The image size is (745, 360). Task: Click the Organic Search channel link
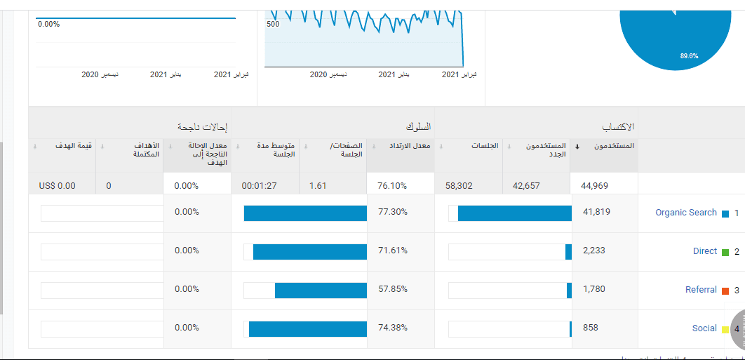click(x=685, y=213)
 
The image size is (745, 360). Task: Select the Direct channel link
click(x=704, y=251)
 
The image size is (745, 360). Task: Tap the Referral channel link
click(x=701, y=290)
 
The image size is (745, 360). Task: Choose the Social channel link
click(x=704, y=328)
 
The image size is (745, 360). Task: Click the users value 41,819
click(x=593, y=213)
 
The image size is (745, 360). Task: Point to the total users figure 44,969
click(x=593, y=186)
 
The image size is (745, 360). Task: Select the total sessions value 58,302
click(x=459, y=186)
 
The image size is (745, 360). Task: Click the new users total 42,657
click(x=527, y=186)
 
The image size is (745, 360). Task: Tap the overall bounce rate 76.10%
click(x=392, y=186)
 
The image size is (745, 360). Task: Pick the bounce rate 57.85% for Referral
click(x=392, y=289)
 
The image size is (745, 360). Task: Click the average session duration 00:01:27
click(x=259, y=186)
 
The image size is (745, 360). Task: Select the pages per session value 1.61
click(x=318, y=186)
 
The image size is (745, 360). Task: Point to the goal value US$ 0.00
click(x=58, y=186)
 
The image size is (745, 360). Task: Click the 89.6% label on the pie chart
click(x=689, y=56)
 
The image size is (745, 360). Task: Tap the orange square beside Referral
click(x=725, y=291)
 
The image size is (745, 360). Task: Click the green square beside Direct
click(x=725, y=252)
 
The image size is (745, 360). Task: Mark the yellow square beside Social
click(x=725, y=329)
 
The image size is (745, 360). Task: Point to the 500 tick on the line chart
click(x=273, y=24)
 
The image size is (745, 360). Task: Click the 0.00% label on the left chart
click(x=48, y=24)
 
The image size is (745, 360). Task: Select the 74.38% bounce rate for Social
click(x=392, y=328)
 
